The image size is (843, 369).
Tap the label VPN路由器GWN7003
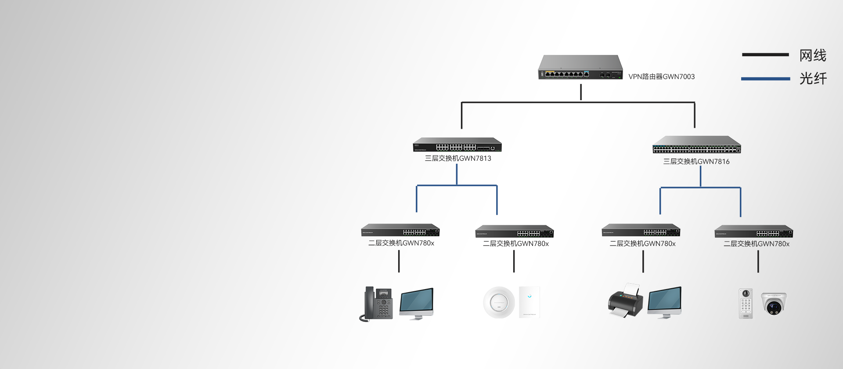[x=661, y=76]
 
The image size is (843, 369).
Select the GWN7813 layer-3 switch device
[x=457, y=145]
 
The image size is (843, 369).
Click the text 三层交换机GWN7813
[x=458, y=158]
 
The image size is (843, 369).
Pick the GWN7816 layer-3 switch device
[x=696, y=145]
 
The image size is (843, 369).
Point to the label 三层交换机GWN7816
[x=696, y=161]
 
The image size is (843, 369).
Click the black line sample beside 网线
[x=765, y=55]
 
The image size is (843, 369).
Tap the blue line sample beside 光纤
[x=765, y=79]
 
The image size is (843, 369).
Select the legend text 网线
[x=813, y=55]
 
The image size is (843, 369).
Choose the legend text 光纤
[x=813, y=79]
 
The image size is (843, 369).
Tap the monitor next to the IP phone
[x=416, y=303]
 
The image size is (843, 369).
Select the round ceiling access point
[x=499, y=303]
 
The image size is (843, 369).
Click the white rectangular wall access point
[x=529, y=302]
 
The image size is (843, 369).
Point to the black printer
[x=625, y=301]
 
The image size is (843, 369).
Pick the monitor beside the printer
[x=664, y=302]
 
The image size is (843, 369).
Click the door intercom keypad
[x=746, y=303]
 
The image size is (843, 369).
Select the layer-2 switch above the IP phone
[x=400, y=230]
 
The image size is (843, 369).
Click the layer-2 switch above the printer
[x=641, y=230]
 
